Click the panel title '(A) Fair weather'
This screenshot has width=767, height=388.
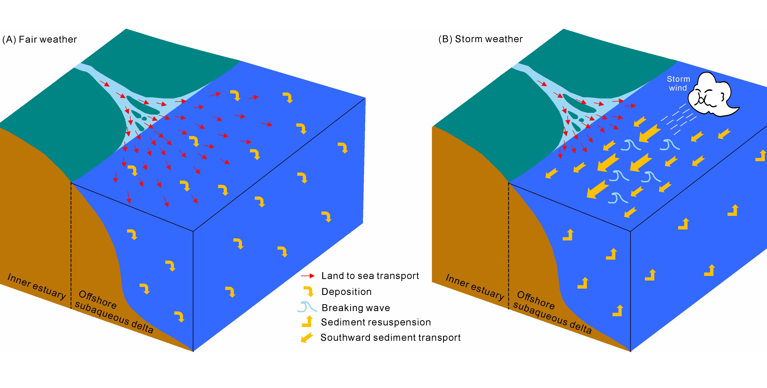tap(40, 39)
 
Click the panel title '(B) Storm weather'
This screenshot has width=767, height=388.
tap(480, 39)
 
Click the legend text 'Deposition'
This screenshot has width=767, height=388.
tap(346, 292)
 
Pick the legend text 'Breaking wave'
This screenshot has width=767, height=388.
tap(356, 308)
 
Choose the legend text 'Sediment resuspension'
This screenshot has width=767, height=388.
tap(376, 322)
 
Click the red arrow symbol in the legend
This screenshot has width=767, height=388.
tap(308, 276)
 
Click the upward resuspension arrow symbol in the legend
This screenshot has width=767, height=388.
tap(308, 322)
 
